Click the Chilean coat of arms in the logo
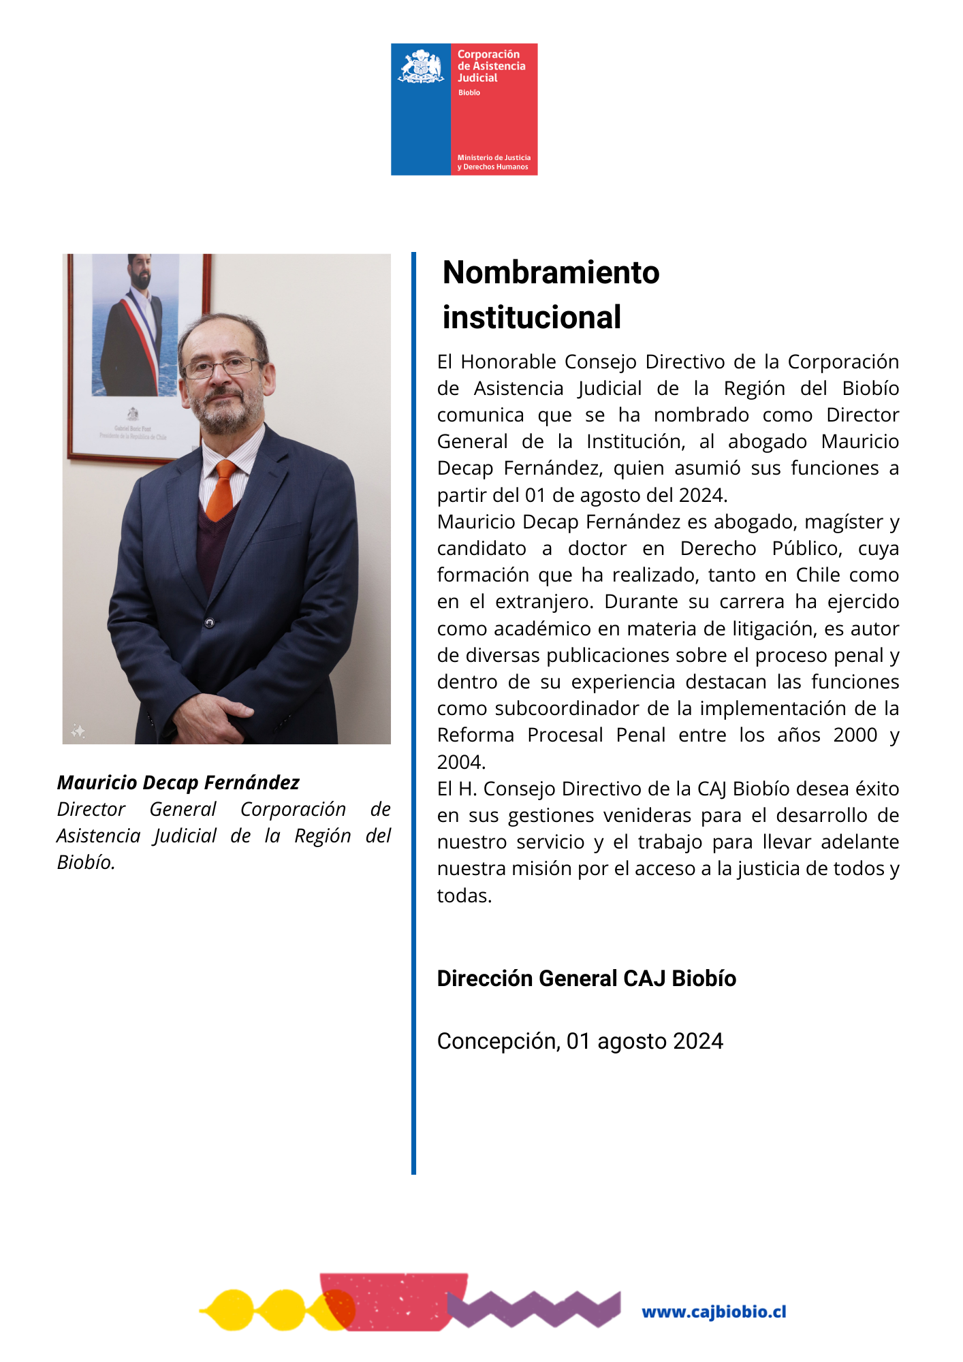420,67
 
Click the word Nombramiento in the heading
551,272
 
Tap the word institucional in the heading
532,317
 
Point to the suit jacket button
210,622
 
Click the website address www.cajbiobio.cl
714,1312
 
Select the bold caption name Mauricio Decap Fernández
178,782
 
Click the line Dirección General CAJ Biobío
586,979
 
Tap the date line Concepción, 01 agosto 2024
580,1041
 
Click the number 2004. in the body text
461,762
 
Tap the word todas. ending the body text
464,896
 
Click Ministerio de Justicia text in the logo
494,158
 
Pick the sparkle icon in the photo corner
78,731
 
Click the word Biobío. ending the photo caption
86,862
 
